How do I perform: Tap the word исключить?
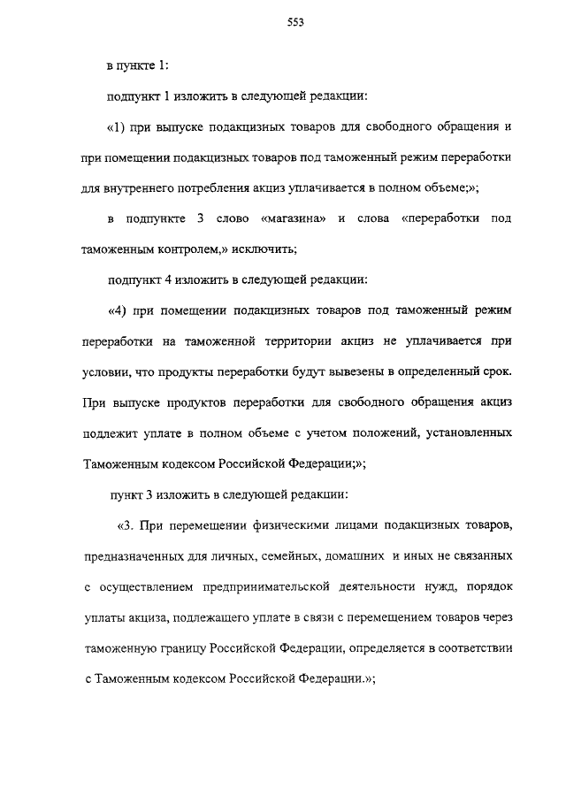[x=247, y=249]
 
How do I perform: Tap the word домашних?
[x=351, y=557]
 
